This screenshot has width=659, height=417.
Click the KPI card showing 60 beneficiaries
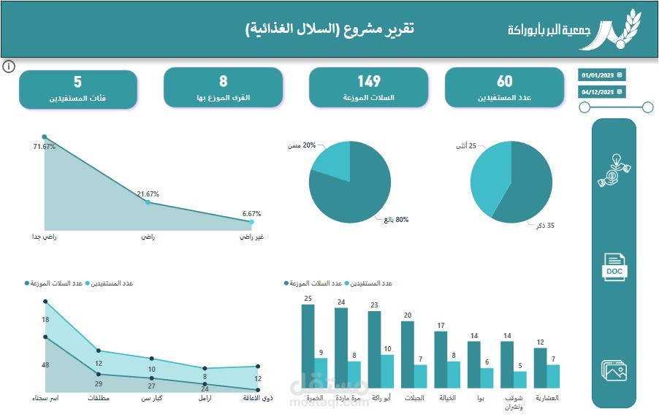point(504,88)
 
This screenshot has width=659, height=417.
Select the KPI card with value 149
point(369,88)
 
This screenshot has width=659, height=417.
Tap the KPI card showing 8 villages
point(224,88)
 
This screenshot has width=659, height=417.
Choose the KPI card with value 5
point(78,89)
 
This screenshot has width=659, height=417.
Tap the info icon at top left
point(9,67)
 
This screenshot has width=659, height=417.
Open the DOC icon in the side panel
point(614,267)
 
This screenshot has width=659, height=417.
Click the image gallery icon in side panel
point(614,370)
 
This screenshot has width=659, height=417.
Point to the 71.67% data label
point(45,147)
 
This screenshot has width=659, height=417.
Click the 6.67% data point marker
point(251,221)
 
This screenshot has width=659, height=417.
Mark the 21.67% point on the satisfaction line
point(148,202)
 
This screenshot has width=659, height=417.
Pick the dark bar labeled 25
point(308,345)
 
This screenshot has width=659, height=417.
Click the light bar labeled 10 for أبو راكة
point(387,370)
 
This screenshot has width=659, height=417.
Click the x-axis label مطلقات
point(99,399)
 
